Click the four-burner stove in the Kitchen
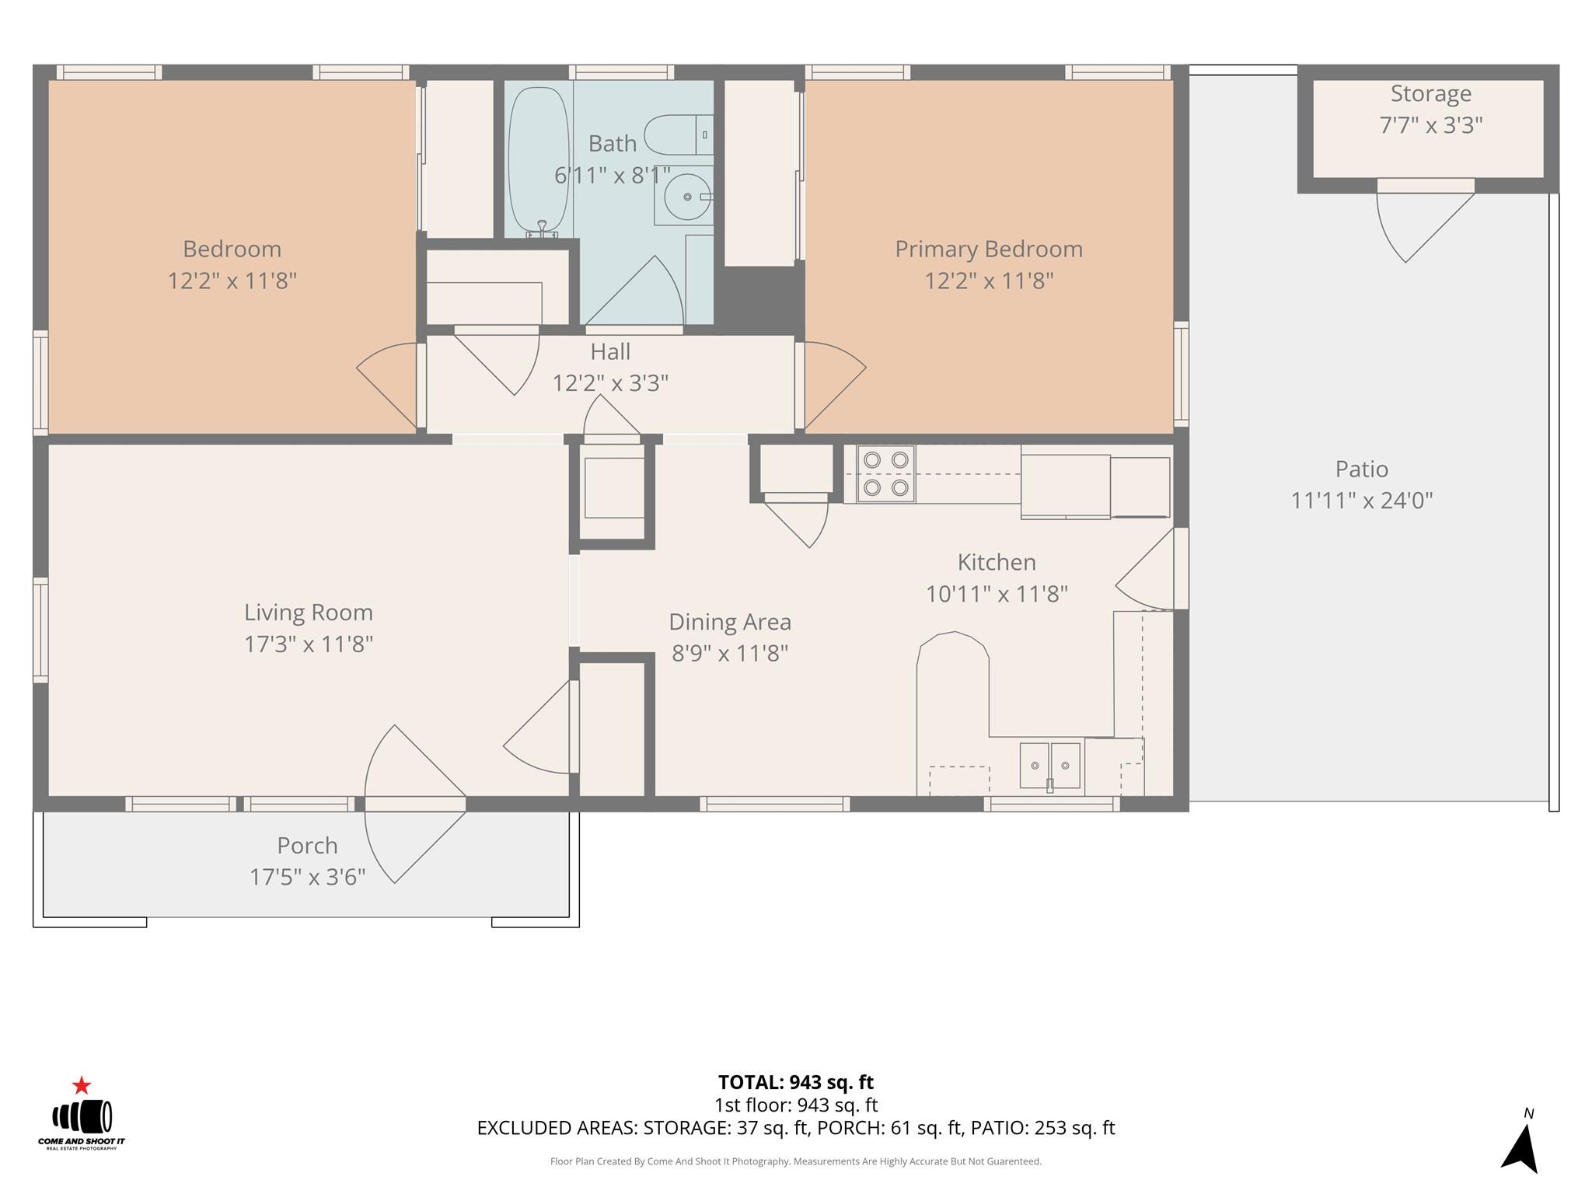886,473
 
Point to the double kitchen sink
1049,766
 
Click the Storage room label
1430,94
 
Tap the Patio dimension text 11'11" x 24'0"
1361,501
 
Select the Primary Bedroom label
989,250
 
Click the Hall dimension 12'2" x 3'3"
610,383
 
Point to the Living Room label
309,613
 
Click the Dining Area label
730,622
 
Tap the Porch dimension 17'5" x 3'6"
307,877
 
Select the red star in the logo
82,1085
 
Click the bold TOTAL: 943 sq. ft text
795,1082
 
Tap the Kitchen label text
997,562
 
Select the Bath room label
613,144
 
